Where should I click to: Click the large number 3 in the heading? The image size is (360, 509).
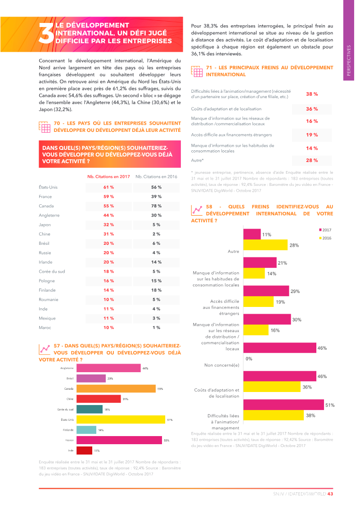(x=46, y=34)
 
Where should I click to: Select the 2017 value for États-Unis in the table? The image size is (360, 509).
(x=108, y=187)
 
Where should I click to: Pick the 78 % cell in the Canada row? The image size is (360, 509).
(x=156, y=206)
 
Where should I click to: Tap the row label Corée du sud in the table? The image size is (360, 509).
(x=52, y=271)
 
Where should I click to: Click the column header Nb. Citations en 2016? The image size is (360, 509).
(x=156, y=176)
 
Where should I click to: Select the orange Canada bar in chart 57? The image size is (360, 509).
(x=116, y=388)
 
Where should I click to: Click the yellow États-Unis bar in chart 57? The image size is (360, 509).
(x=121, y=419)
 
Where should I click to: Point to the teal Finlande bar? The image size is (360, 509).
(x=86, y=430)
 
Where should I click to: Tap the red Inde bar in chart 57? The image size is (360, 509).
(x=85, y=450)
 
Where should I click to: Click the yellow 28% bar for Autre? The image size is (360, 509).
(x=265, y=245)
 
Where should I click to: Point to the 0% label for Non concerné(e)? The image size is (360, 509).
(x=248, y=359)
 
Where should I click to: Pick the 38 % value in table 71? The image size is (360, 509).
(x=312, y=94)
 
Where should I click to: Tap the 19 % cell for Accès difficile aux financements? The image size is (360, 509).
(x=312, y=135)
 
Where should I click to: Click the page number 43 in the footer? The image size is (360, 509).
(x=330, y=494)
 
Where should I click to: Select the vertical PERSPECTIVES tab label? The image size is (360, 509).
(x=349, y=61)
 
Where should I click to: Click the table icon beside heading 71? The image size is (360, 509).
(x=197, y=71)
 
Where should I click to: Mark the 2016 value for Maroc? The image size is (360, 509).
(x=156, y=328)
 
